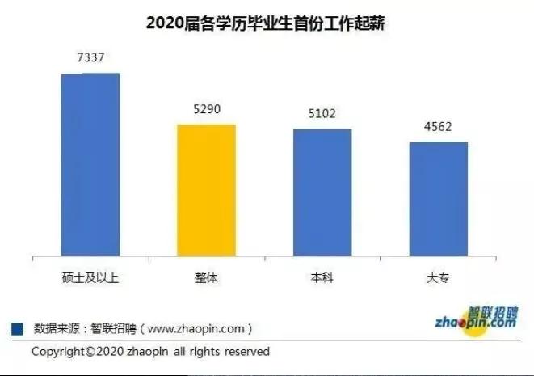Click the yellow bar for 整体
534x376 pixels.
[x=207, y=190]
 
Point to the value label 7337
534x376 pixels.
[x=90, y=57]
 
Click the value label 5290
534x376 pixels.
[x=206, y=109]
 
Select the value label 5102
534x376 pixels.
[x=322, y=114]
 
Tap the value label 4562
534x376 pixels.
[x=438, y=127]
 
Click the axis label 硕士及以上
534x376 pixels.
[x=90, y=277]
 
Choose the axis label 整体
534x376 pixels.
[x=207, y=277]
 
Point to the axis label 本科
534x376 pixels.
[x=322, y=277]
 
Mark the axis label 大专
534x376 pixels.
[x=438, y=277]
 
